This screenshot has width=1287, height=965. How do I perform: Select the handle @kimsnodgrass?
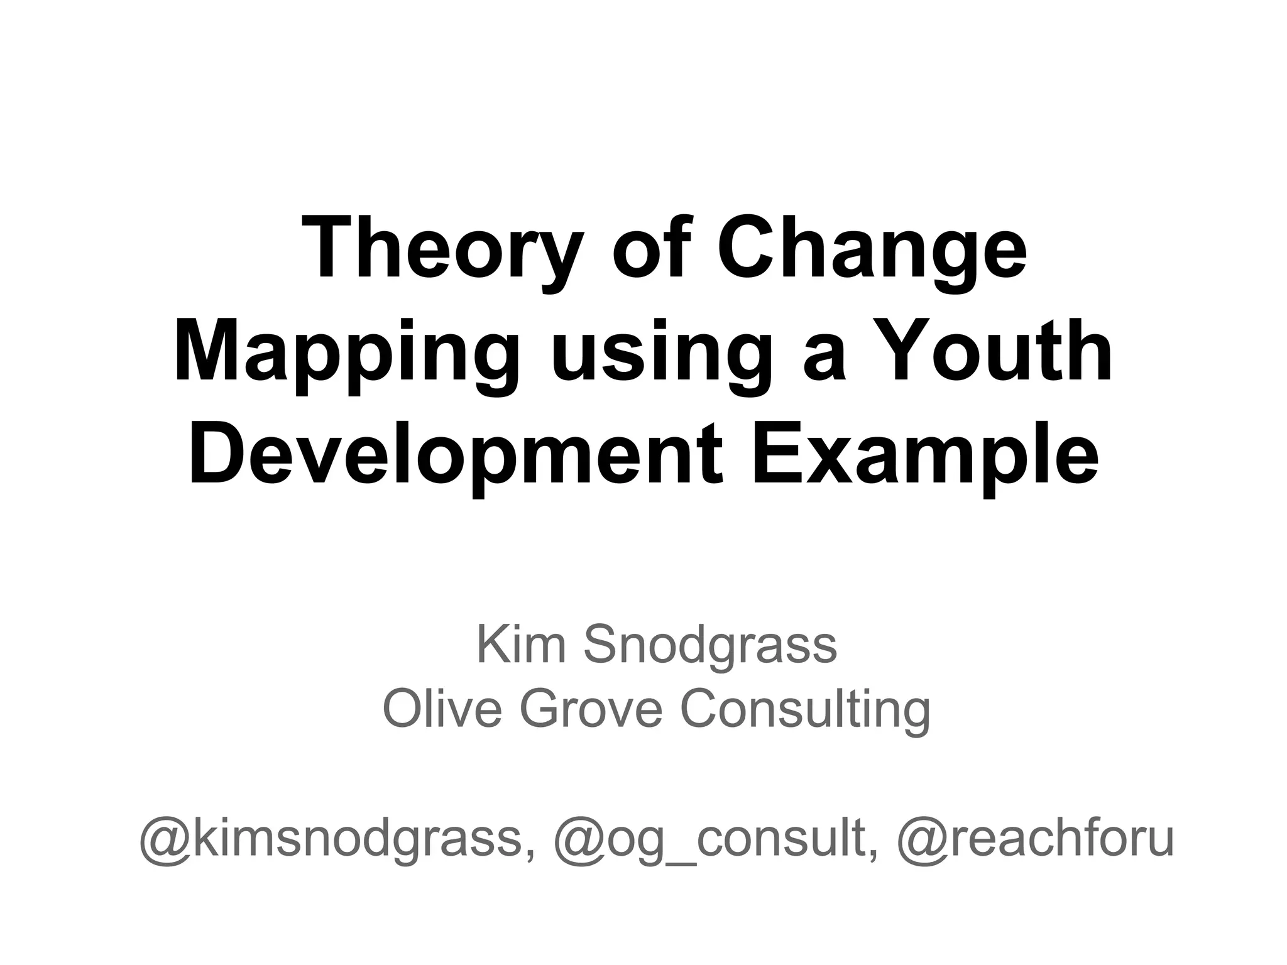pyautogui.click(x=331, y=839)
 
